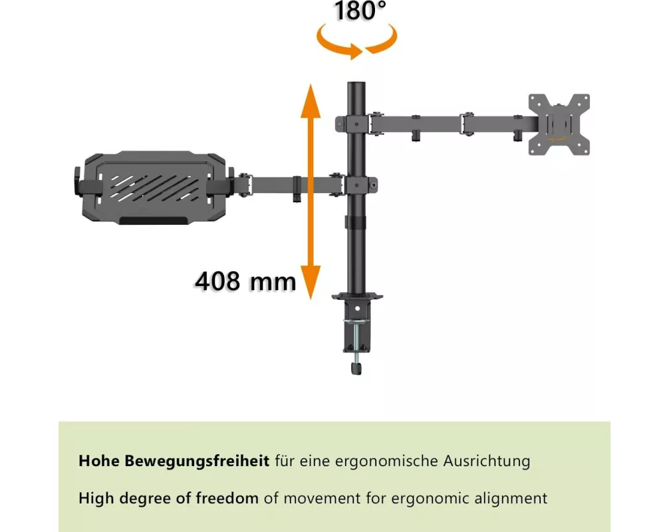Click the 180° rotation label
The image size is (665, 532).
(x=360, y=11)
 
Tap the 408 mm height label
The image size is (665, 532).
(x=245, y=281)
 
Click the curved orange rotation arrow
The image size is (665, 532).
(x=356, y=41)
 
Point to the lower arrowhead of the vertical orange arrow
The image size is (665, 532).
(x=311, y=283)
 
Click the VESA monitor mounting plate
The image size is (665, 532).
(x=559, y=124)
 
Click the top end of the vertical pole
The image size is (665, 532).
(x=356, y=83)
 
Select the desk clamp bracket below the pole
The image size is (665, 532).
(x=356, y=322)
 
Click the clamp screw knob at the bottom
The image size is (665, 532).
(x=356, y=367)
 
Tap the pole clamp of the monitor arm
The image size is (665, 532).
(x=352, y=124)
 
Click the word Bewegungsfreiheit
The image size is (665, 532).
(x=197, y=461)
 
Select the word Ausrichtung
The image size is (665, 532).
(x=487, y=461)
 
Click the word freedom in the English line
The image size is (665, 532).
(x=227, y=497)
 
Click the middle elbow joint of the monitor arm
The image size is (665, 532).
(x=467, y=124)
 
